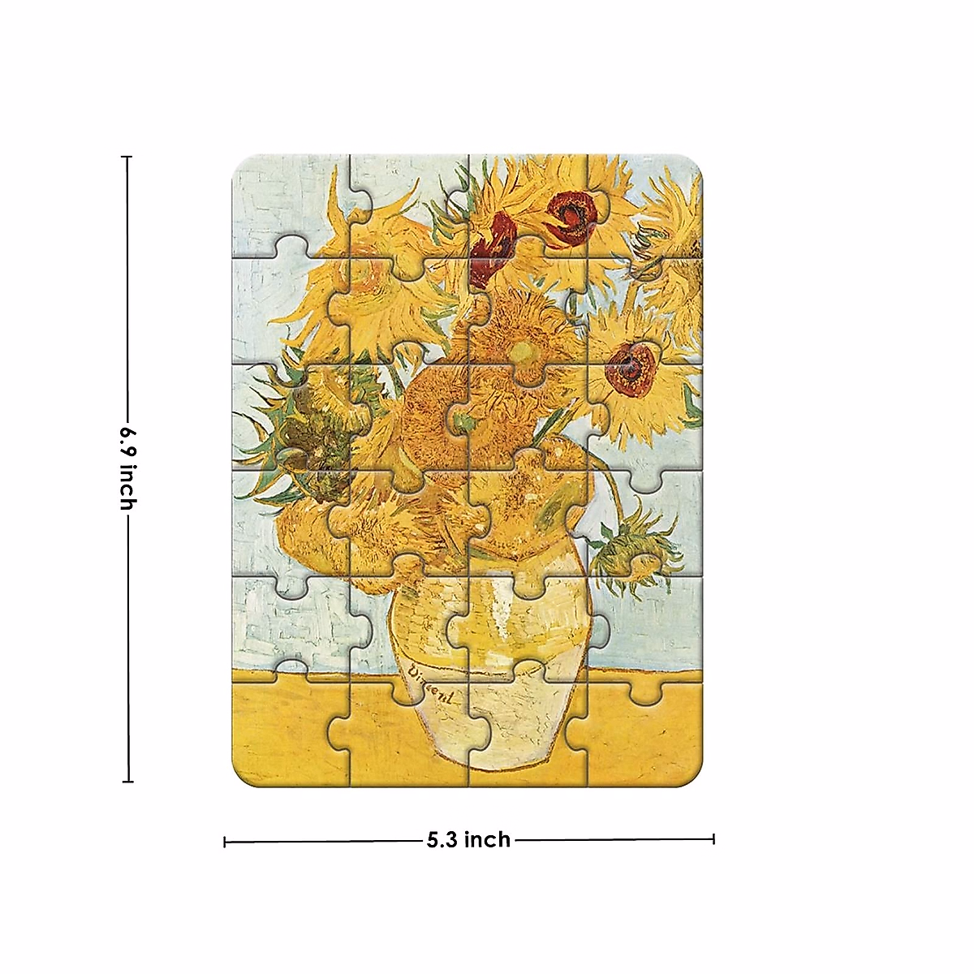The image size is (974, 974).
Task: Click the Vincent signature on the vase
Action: coord(431,684)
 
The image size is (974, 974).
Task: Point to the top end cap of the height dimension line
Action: coord(127,157)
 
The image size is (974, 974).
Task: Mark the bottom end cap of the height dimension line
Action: coord(127,782)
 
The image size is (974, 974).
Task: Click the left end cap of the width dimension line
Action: coord(225,842)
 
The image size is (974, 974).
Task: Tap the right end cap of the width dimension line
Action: coord(713,838)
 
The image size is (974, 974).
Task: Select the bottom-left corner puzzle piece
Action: coord(284,730)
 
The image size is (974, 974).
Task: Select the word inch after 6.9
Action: coord(127,487)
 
